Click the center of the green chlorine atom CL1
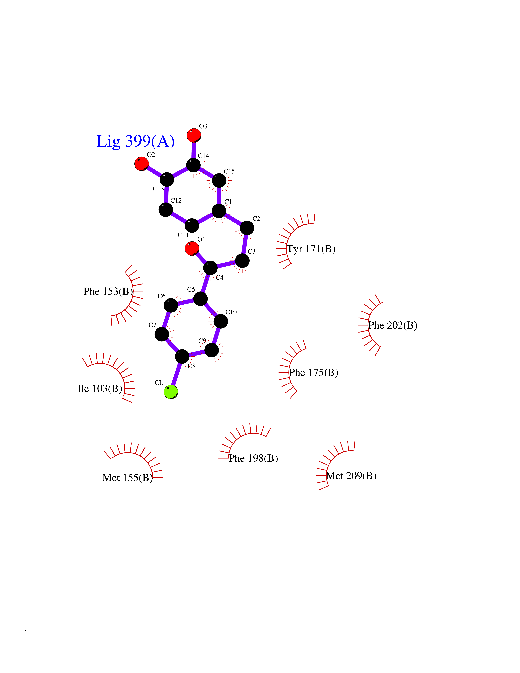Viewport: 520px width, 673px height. tap(171, 392)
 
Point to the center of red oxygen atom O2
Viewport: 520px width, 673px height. tap(142, 164)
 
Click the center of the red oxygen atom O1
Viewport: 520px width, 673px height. tap(192, 248)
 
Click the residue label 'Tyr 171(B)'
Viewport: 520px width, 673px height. tap(311, 249)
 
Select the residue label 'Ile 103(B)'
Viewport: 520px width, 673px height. tap(100, 389)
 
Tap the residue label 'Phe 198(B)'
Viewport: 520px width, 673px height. tap(253, 458)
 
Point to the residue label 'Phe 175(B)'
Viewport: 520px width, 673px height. tap(314, 373)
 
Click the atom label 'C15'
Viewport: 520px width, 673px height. tap(229, 171)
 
